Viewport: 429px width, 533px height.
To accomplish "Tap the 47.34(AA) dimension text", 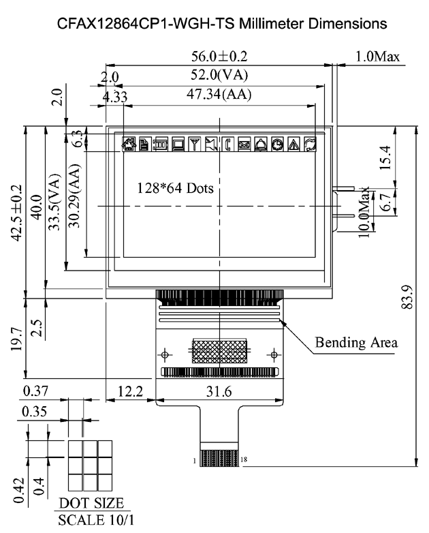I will pos(220,95).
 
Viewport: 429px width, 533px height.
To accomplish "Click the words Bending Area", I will pos(355,341).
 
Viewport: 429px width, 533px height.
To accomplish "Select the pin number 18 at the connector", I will pos(244,459).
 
